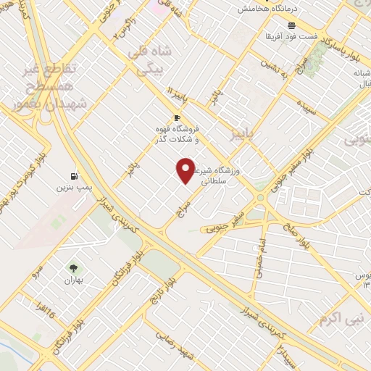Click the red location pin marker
coord(186,171)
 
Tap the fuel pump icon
coord(74,176)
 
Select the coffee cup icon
coord(177,117)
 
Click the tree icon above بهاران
coord(72,270)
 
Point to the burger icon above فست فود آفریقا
coord(312,25)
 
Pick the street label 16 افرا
coord(47,314)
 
